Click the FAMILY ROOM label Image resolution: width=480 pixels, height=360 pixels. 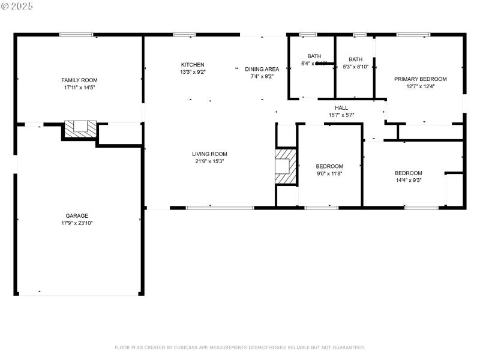click(x=79, y=80)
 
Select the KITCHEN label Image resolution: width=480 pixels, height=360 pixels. click(x=193, y=65)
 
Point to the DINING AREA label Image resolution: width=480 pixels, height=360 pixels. click(x=262, y=69)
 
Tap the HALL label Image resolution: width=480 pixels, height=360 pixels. click(x=341, y=108)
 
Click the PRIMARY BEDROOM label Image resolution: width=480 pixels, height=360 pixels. click(x=420, y=79)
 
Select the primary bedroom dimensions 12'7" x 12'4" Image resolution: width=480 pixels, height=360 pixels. click(x=420, y=86)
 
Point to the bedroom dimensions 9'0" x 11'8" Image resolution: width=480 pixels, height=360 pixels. click(x=329, y=173)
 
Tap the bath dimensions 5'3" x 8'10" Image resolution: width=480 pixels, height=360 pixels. click(x=356, y=67)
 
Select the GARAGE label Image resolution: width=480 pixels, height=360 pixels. click(x=77, y=215)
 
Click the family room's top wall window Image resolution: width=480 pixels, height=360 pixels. click(x=76, y=35)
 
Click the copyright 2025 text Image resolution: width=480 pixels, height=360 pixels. click(x=18, y=6)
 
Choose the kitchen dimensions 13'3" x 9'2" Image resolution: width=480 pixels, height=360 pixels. click(x=193, y=72)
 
